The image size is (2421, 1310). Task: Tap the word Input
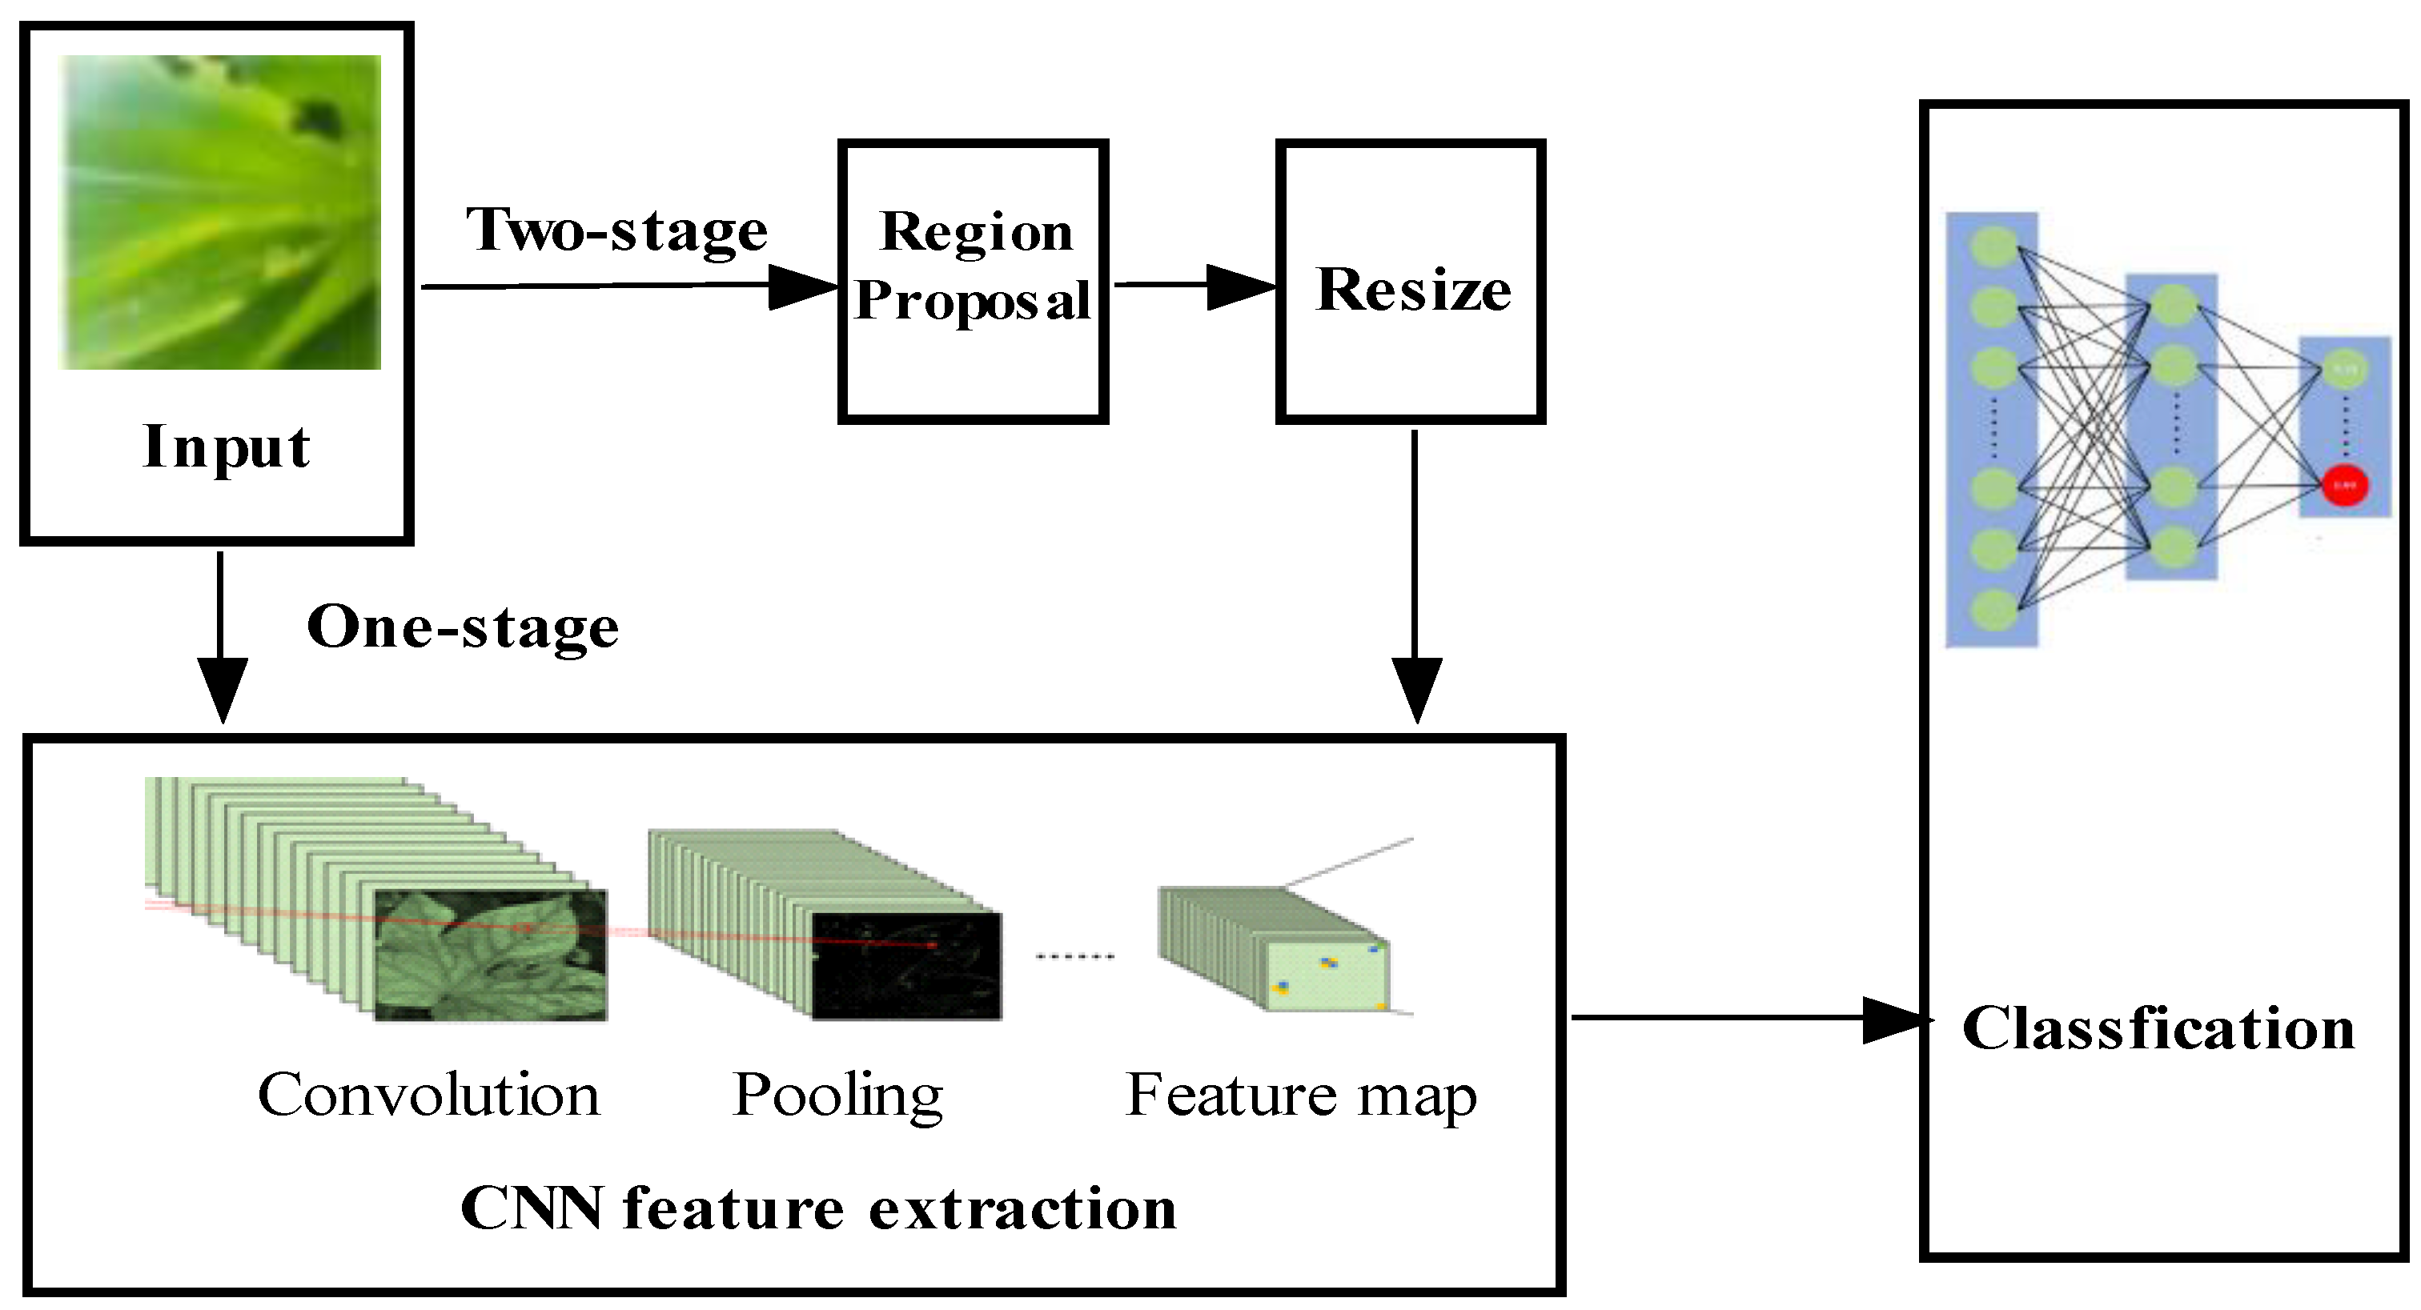tap(227, 447)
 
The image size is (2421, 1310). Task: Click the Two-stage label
tap(617, 231)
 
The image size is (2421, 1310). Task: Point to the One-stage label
tap(464, 627)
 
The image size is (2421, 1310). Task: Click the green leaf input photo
tap(221, 212)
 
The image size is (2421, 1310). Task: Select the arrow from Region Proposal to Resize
tap(1194, 285)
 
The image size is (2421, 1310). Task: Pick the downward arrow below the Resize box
tap(1415, 577)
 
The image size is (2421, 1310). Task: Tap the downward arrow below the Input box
tap(222, 637)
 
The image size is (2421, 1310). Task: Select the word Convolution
tap(428, 1095)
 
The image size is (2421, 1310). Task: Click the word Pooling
tap(837, 1096)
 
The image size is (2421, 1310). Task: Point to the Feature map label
tap(1302, 1096)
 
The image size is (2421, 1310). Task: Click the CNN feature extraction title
tap(817, 1208)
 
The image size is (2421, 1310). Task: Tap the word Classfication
tap(2158, 1028)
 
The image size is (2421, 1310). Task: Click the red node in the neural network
tap(2345, 486)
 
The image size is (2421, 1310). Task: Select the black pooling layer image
tap(907, 966)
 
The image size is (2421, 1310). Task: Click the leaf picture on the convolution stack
tap(491, 955)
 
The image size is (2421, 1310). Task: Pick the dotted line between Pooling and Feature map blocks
tap(1075, 956)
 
